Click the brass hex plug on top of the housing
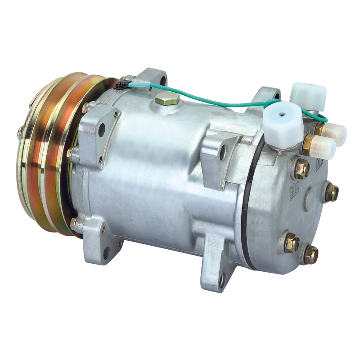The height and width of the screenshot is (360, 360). pyautogui.click(x=167, y=99)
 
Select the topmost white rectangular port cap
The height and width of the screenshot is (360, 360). pyautogui.click(x=308, y=94)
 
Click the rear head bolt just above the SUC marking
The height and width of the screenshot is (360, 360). pyautogui.click(x=302, y=169)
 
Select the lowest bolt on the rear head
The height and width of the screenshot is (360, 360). pyautogui.click(x=310, y=255)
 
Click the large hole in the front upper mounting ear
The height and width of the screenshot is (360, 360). pyautogui.click(x=102, y=130)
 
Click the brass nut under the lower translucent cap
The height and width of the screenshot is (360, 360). pyautogui.click(x=309, y=144)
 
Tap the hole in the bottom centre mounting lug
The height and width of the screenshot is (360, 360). pyautogui.click(x=222, y=280)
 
